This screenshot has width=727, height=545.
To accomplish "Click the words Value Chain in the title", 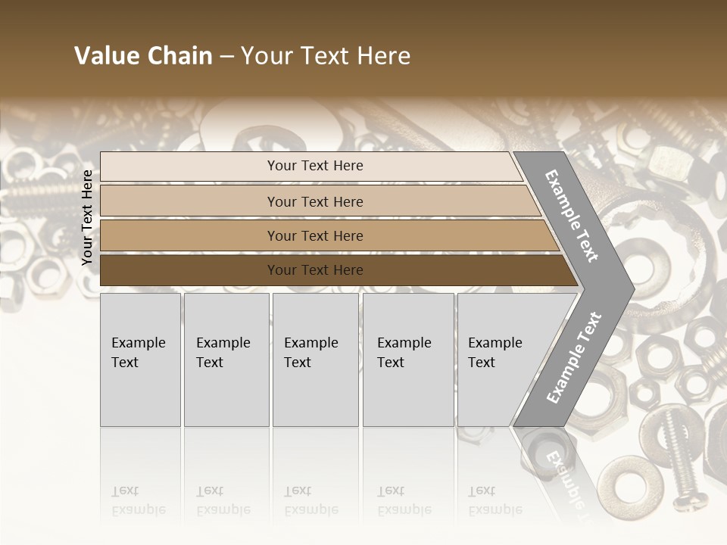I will pos(143,56).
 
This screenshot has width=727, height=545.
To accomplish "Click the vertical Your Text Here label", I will pos(87,217).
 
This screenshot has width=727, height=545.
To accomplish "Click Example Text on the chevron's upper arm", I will pos(572,215).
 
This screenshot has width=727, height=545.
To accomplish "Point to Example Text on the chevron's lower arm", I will pos(574,357).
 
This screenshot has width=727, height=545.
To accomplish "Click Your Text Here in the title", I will pos(326,56).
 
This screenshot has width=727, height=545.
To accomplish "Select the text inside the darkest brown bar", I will pos(315,270).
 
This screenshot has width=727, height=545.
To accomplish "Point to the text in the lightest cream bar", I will pos(315,166).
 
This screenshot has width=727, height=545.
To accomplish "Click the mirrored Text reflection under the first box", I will pos(125,491).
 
